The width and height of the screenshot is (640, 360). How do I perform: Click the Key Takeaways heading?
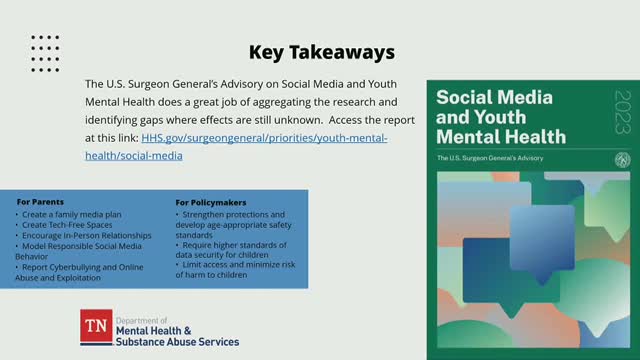(x=309, y=51)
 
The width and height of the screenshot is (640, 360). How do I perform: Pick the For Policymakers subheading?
(x=211, y=201)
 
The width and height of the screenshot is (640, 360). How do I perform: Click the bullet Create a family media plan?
(x=68, y=215)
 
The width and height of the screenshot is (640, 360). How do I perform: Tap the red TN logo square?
(x=97, y=327)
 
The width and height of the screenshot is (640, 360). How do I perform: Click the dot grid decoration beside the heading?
(x=45, y=51)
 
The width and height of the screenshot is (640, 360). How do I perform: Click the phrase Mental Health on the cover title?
(x=500, y=135)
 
